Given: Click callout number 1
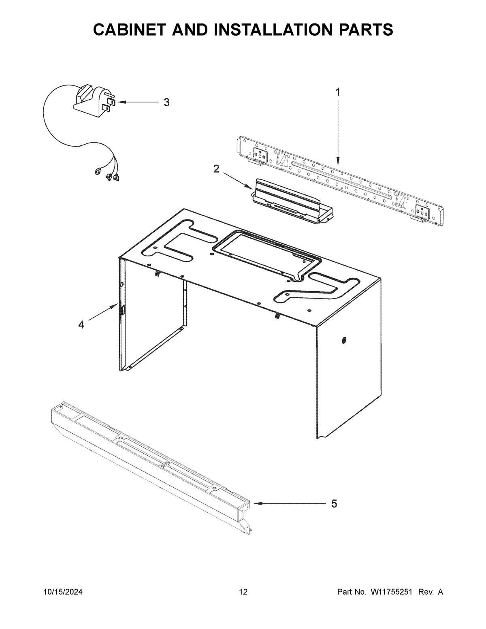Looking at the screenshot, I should [337, 92].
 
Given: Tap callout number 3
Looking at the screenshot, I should [166, 102].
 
